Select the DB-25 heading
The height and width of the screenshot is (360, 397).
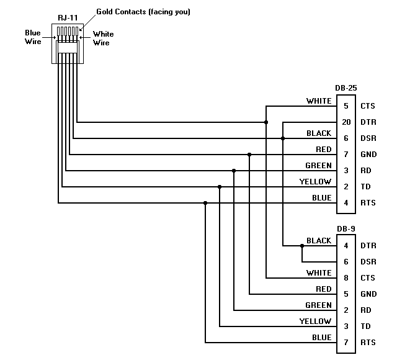(346, 89)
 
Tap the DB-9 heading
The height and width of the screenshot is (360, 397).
(346, 229)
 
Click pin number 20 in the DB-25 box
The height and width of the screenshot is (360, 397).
(346, 122)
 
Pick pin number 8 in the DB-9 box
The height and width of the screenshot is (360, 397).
(346, 278)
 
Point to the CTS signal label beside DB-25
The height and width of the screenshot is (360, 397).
(368, 106)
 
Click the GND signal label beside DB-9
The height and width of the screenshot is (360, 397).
(368, 294)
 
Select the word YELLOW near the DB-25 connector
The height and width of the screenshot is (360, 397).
(315, 181)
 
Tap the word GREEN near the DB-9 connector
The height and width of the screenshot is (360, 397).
(318, 305)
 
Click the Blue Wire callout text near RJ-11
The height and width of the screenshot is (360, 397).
(33, 37)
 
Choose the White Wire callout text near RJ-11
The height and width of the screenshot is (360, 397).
(101, 38)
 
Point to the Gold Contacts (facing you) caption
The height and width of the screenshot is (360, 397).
(143, 12)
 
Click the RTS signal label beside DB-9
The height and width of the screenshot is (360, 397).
(368, 343)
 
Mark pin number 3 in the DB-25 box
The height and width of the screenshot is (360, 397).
(346, 171)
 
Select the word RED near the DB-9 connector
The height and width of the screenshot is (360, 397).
(323, 289)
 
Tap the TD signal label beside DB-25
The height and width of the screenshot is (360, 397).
(365, 187)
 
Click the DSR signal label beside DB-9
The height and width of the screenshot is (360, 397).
(368, 262)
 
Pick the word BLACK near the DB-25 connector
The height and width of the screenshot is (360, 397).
(319, 133)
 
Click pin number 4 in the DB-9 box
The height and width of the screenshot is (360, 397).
(346, 246)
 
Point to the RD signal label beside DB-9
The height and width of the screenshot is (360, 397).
(365, 310)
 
